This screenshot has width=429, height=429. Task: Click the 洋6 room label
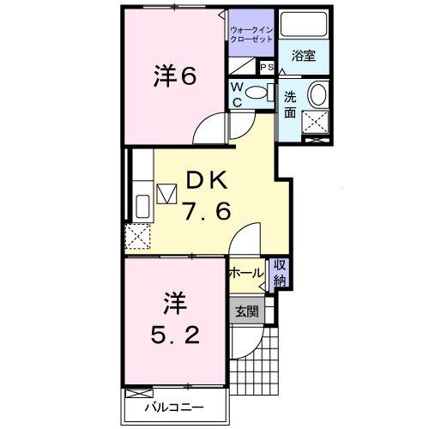point(176,76)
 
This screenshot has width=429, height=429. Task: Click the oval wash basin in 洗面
point(317,94)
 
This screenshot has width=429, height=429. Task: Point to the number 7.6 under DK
point(206,210)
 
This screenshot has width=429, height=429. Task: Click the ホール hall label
point(246,272)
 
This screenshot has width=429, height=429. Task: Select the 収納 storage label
point(280,273)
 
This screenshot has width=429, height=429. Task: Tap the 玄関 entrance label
point(246,311)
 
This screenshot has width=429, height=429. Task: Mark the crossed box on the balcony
point(136,394)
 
